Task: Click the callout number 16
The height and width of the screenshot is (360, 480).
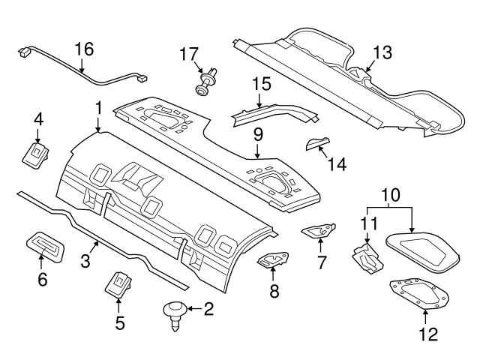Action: click(84, 49)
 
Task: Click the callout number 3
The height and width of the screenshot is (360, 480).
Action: click(85, 261)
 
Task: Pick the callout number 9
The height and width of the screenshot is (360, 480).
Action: click(257, 136)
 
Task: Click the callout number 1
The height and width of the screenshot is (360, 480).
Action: click(97, 108)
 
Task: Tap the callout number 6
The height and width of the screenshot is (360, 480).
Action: click(42, 280)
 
